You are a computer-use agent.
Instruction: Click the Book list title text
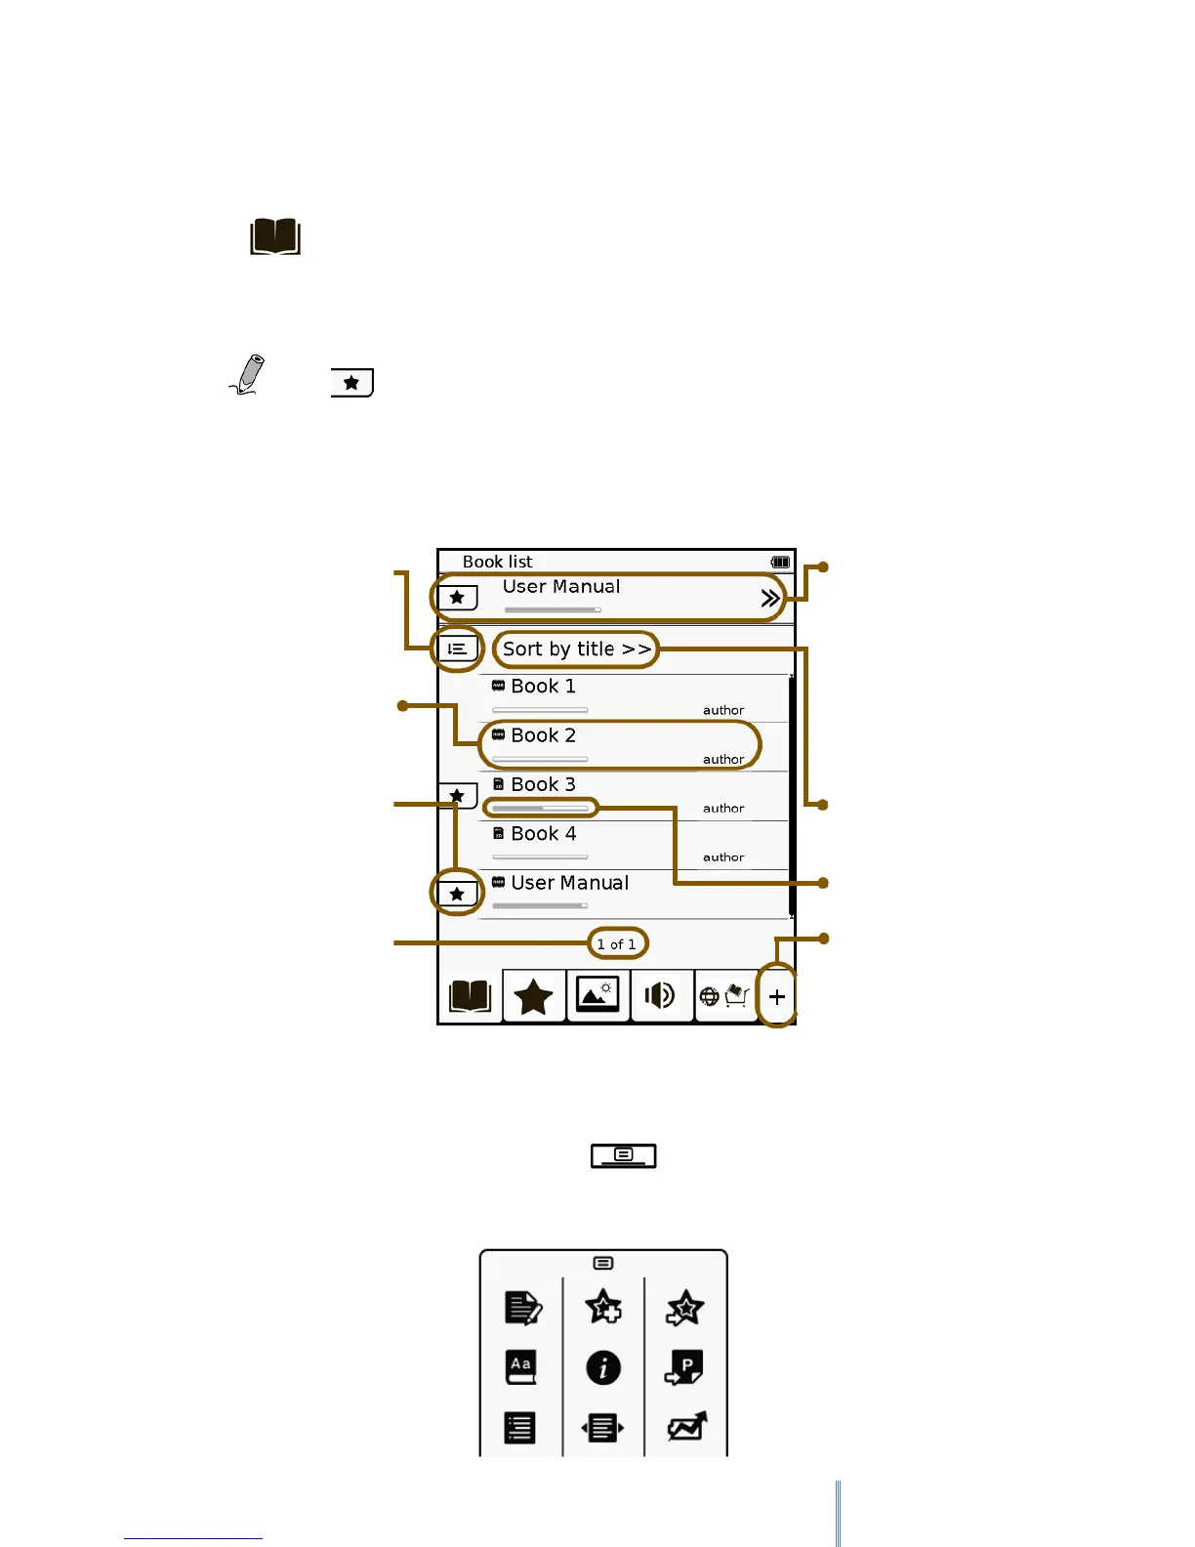(x=497, y=562)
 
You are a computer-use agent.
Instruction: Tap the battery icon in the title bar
(x=780, y=562)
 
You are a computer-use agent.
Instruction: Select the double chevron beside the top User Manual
(x=770, y=598)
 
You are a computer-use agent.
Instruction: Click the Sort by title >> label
(x=576, y=649)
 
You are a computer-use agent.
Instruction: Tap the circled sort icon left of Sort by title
(x=457, y=648)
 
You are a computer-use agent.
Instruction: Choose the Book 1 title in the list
(x=543, y=687)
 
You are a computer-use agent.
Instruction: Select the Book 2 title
(x=543, y=735)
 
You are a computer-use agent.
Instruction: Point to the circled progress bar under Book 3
(x=540, y=808)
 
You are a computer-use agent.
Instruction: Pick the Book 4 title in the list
(x=543, y=834)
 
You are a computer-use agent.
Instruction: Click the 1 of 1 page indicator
(x=616, y=944)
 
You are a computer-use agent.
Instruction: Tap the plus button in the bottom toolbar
(x=777, y=997)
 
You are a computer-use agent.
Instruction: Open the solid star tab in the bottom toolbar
(x=533, y=997)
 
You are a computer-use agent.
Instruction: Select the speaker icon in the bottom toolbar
(x=660, y=996)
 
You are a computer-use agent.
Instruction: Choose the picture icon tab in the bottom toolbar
(x=597, y=996)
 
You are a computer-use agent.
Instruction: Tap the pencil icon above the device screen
(x=249, y=375)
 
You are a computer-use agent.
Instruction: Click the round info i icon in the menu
(x=603, y=1367)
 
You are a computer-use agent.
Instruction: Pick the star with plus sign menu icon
(x=603, y=1308)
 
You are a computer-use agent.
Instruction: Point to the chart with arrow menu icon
(x=686, y=1427)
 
